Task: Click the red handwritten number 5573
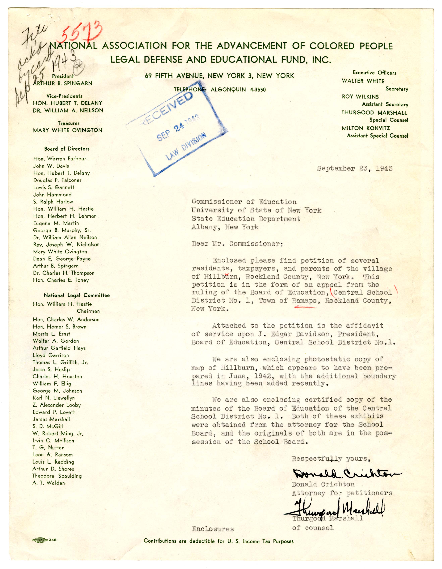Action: [x=81, y=32]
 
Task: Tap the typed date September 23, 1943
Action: [x=354, y=168]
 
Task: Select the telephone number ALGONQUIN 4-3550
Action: [x=238, y=90]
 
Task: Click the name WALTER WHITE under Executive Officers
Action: [x=363, y=81]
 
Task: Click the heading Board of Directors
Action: [x=67, y=149]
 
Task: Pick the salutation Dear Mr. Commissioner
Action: [x=237, y=244]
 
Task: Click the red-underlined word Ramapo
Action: [x=304, y=301]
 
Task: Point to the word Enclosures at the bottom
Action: [x=213, y=529]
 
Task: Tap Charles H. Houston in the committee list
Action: [x=57, y=376]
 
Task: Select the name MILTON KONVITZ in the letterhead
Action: [x=366, y=128]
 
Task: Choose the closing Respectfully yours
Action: [x=331, y=459]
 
